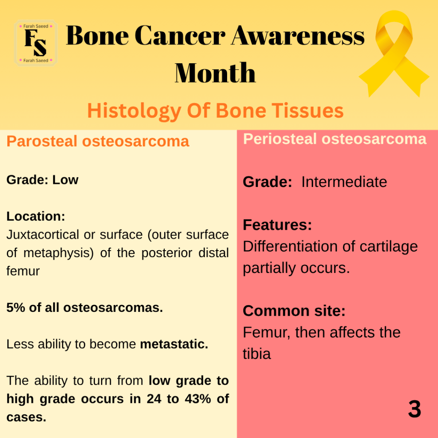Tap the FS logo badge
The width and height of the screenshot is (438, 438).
click(36, 43)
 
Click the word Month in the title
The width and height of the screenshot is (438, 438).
click(215, 73)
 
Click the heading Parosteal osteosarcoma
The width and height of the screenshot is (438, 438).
click(98, 141)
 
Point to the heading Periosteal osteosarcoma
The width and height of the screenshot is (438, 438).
click(334, 139)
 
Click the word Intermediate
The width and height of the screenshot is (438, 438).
click(344, 182)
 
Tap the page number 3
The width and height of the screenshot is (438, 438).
click(414, 409)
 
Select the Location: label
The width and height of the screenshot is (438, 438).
click(36, 216)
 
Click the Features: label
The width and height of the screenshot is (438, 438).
click(277, 225)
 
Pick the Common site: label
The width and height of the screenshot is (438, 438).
click(294, 311)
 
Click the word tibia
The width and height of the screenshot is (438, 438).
click(257, 354)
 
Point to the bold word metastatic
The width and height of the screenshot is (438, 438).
click(174, 344)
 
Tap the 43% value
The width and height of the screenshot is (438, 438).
click(198, 399)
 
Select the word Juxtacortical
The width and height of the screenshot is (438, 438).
click(43, 235)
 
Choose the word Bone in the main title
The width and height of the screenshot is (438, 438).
click(97, 36)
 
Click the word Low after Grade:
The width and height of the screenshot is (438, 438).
click(65, 180)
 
